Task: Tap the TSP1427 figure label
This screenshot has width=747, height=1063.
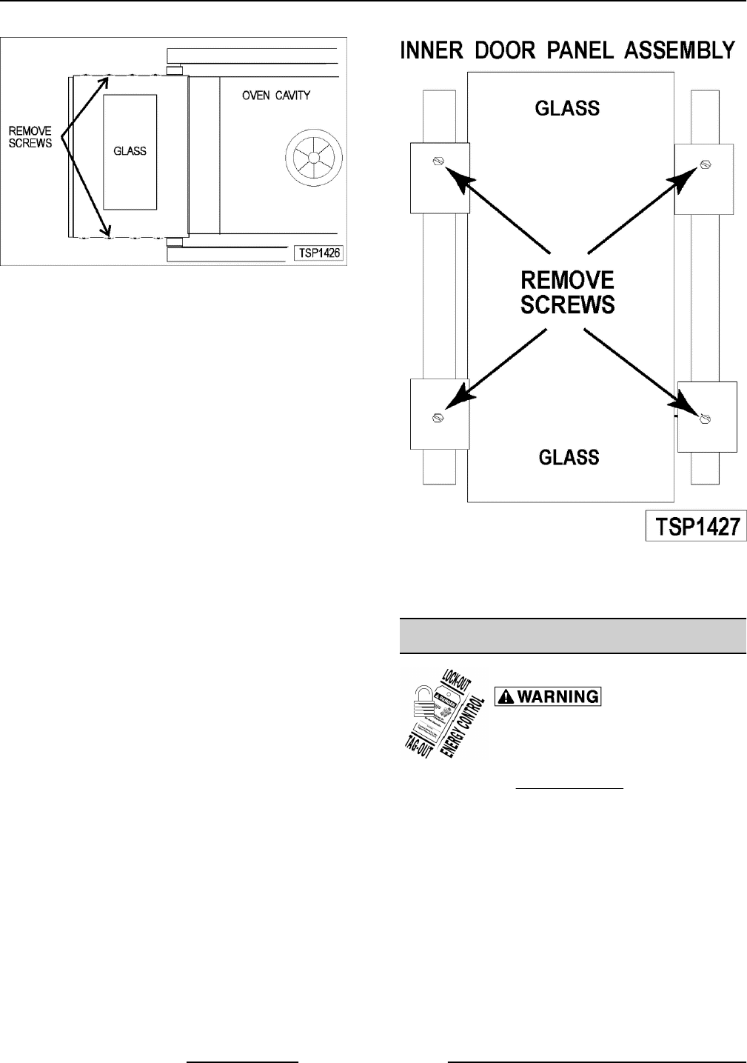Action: click(x=695, y=526)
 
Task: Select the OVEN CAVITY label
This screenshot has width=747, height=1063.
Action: click(x=276, y=96)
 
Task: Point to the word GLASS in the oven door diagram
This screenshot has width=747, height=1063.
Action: click(x=130, y=151)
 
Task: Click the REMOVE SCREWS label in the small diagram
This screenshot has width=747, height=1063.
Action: click(x=30, y=137)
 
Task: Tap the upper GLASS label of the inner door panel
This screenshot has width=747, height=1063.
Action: click(x=568, y=109)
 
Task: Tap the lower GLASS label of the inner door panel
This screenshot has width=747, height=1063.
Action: click(x=569, y=458)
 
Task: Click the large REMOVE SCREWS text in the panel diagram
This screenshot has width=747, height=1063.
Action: click(x=568, y=292)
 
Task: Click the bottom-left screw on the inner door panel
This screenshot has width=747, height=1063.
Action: click(x=438, y=416)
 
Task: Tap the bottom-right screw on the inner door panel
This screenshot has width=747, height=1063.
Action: click(x=705, y=419)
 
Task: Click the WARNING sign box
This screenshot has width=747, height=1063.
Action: click(x=547, y=696)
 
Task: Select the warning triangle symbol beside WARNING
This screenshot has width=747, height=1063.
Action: click(x=506, y=696)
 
